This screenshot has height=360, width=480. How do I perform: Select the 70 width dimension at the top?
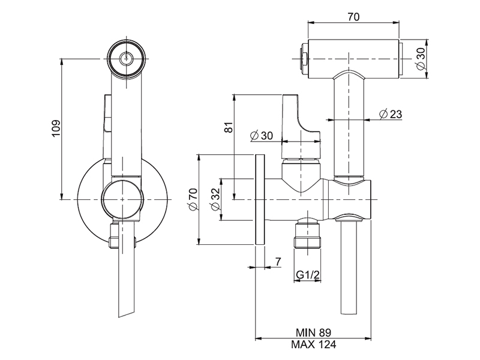point(354,17)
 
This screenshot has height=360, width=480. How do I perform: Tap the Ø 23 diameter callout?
point(390,114)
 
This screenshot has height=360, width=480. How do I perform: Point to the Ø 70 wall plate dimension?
point(192,199)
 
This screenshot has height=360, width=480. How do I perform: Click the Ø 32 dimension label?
point(214,199)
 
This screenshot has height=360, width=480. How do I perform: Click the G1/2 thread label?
point(307,275)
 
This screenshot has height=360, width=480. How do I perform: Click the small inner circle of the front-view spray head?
point(126,58)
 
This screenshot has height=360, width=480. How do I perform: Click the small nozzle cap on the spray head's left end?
point(304,58)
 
